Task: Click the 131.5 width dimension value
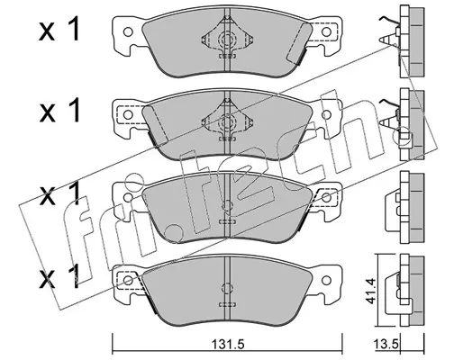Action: (x=227, y=345)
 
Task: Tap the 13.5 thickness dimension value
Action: (x=386, y=345)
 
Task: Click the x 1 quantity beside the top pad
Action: (x=59, y=30)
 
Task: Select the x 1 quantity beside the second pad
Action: (x=59, y=111)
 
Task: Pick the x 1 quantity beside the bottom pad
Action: (x=59, y=276)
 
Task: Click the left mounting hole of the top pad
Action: (x=128, y=31)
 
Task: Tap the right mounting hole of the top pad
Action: (x=326, y=31)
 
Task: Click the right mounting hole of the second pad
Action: (x=326, y=114)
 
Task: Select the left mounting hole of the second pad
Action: (x=128, y=114)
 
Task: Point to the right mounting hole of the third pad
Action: (x=326, y=197)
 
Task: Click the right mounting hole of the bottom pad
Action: (x=326, y=280)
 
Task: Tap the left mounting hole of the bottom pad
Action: (x=128, y=280)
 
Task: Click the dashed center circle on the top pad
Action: (x=227, y=39)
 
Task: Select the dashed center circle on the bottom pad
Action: (x=227, y=288)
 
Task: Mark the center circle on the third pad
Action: (x=227, y=206)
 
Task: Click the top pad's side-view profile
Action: (x=412, y=42)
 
